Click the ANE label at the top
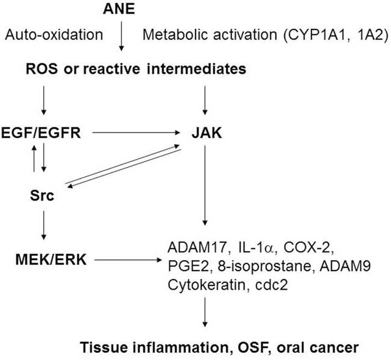click(x=122, y=10)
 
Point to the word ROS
click(x=40, y=69)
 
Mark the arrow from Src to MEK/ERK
click(x=44, y=228)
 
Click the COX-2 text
click(x=295, y=248)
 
